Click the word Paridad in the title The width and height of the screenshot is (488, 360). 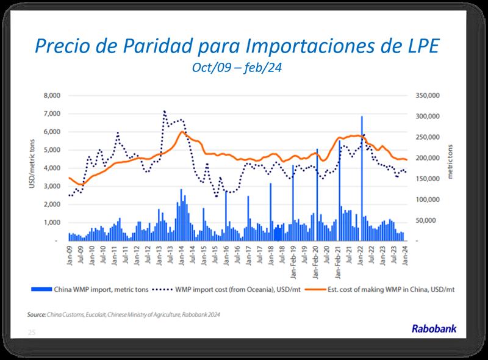[x=172, y=46]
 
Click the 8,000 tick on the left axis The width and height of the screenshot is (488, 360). [x=51, y=96]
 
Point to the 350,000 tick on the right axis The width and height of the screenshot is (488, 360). [x=426, y=96]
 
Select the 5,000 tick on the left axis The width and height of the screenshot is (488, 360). [x=51, y=150]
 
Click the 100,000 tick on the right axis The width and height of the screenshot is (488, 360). [x=426, y=200]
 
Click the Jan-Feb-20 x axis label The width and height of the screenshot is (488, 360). [x=317, y=259]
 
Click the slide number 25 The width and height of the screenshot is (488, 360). [x=31, y=332]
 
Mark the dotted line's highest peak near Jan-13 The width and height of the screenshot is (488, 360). [x=165, y=112]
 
